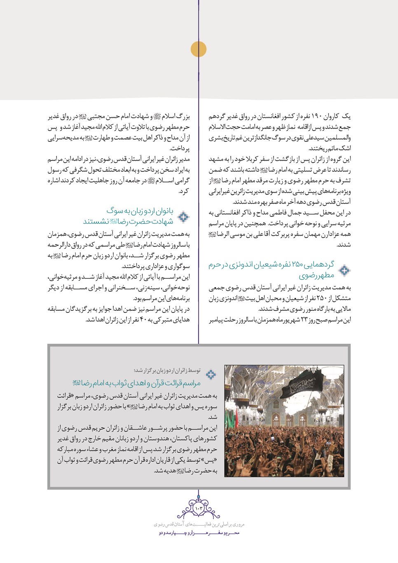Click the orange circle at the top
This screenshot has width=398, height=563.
(x=199, y=49)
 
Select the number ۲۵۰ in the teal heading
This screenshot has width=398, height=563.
(x=297, y=265)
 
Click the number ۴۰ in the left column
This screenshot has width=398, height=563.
(x=143, y=320)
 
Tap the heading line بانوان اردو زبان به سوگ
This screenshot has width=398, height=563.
(x=140, y=211)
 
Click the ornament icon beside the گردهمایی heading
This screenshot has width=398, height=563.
(x=344, y=270)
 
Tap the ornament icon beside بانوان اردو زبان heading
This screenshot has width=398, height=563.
(x=183, y=216)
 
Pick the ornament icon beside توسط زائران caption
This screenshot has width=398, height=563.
(x=211, y=374)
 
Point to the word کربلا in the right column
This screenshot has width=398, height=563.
(x=262, y=160)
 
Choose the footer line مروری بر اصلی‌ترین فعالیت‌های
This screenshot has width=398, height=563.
(x=199, y=524)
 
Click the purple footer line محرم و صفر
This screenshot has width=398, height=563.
(x=199, y=533)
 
